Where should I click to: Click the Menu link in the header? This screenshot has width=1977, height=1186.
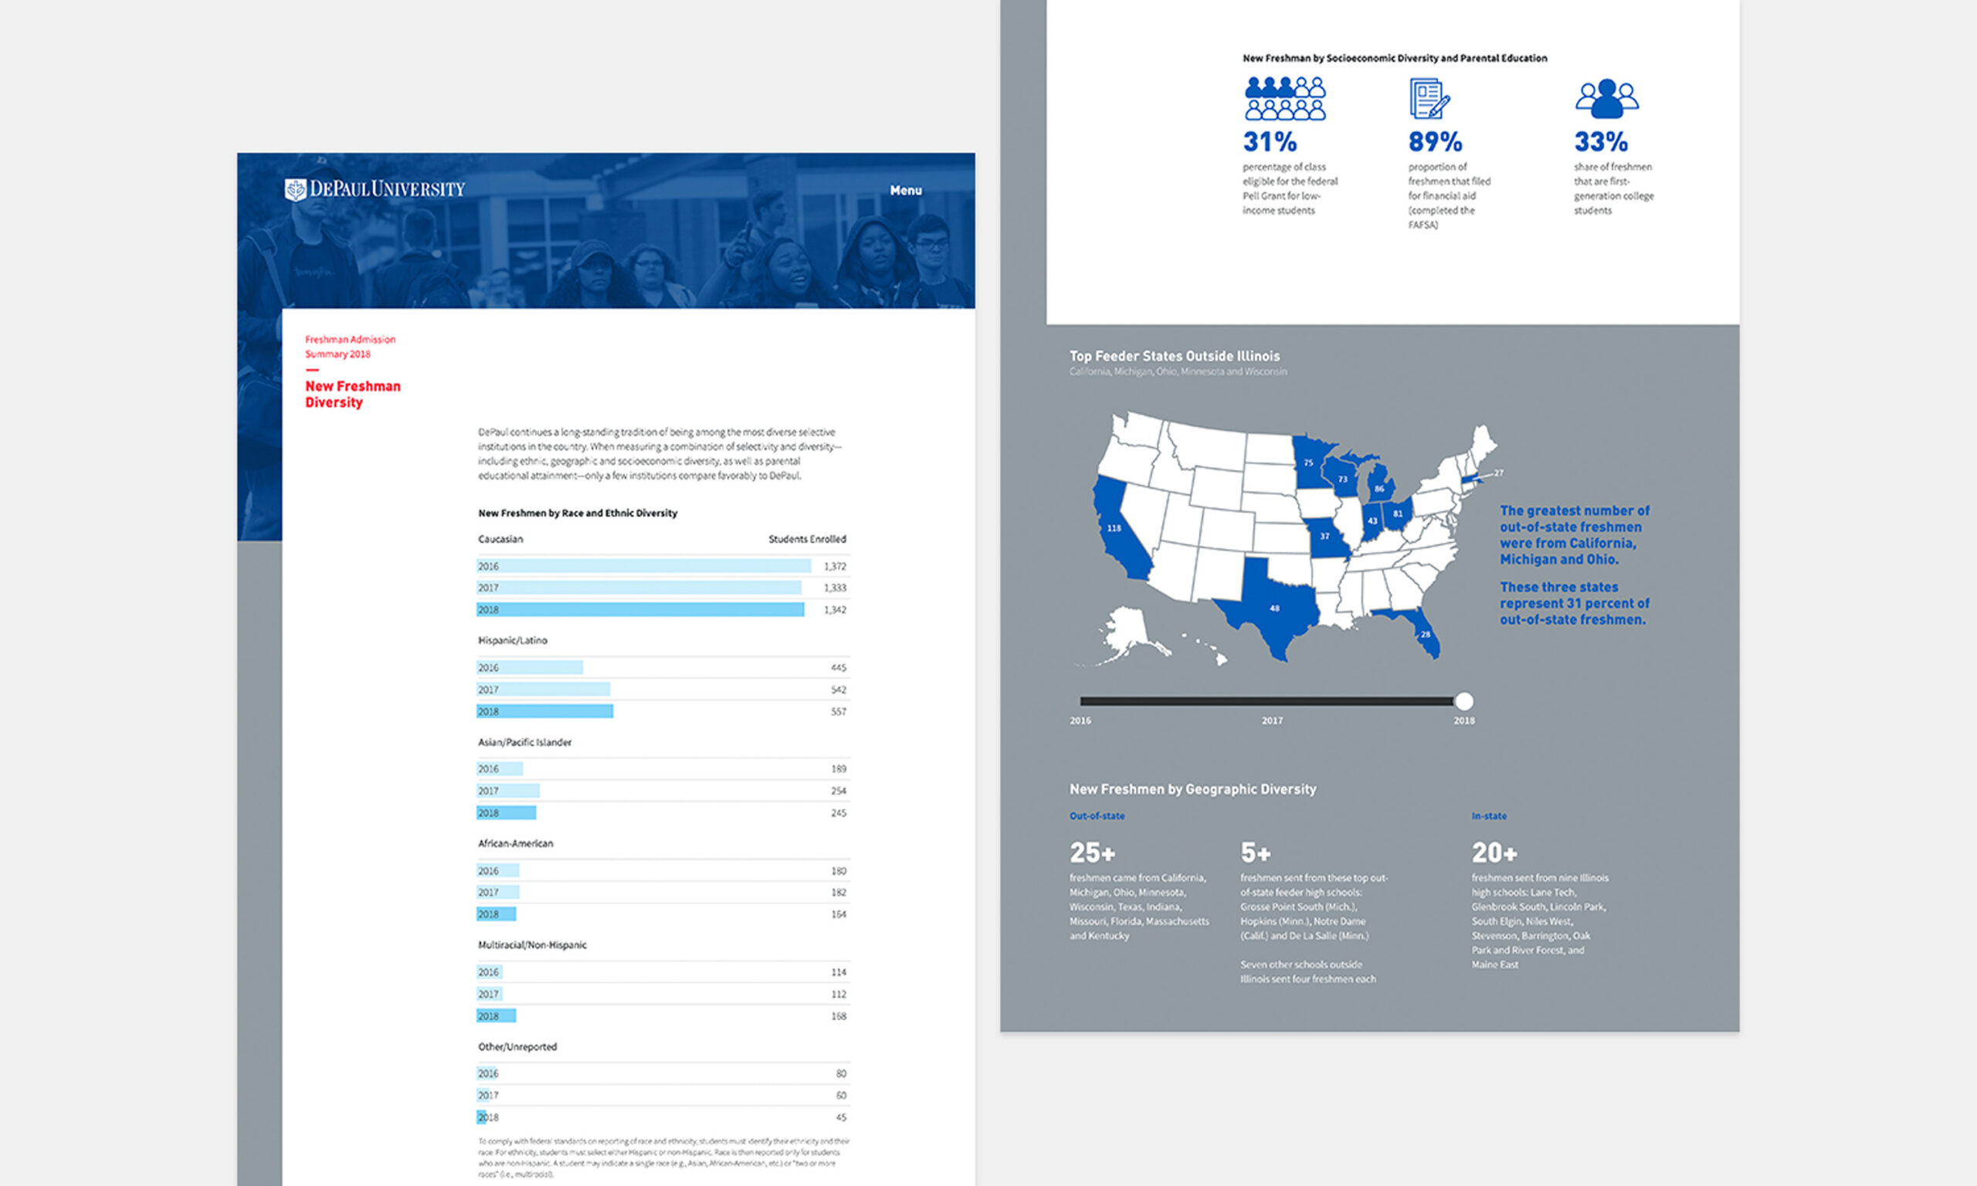click(905, 190)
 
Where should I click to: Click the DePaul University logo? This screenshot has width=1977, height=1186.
click(374, 189)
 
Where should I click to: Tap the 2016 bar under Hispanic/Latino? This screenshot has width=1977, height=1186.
click(531, 667)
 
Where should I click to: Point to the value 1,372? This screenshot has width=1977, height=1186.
click(834, 567)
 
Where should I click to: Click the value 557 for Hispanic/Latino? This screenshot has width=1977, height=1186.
click(837, 711)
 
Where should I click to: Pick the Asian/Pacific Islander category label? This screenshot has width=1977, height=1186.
click(524, 743)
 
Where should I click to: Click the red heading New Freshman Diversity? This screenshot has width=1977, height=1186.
click(352, 394)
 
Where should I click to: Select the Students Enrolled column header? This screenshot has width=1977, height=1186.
click(806, 540)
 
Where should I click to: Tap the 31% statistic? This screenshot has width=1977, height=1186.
click(1269, 142)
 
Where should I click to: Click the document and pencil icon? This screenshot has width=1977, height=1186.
click(1429, 99)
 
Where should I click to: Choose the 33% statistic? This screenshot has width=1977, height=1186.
click(1601, 142)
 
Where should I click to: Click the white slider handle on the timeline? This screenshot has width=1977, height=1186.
click(1463, 702)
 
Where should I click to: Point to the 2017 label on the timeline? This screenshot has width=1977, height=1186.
click(1271, 721)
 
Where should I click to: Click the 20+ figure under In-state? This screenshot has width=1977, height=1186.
click(1494, 852)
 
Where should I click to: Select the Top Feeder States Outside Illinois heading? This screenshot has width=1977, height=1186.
click(1174, 357)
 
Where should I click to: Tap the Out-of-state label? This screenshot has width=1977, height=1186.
click(1097, 816)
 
